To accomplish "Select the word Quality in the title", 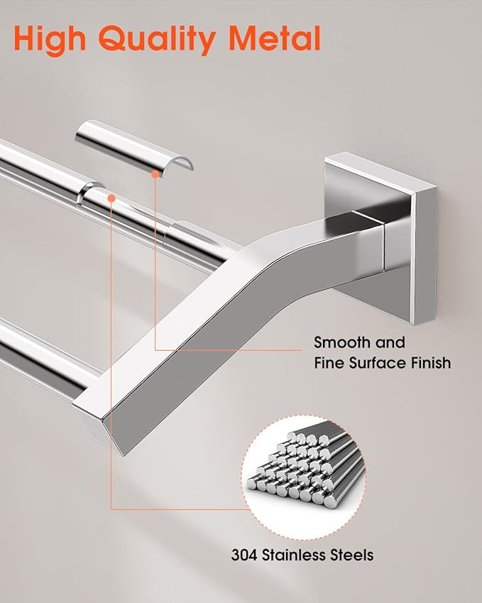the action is (x=157, y=40).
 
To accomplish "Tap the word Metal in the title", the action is (x=275, y=38).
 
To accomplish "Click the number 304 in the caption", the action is (x=244, y=555).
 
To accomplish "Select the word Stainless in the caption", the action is (x=292, y=555).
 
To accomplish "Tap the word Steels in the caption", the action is (x=350, y=555).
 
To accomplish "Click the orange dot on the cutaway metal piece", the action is (x=155, y=174).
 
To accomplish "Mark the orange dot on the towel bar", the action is (x=111, y=198).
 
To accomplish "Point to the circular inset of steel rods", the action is (x=304, y=477).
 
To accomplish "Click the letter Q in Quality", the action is (x=114, y=39).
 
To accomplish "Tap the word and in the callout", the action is (x=390, y=342).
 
